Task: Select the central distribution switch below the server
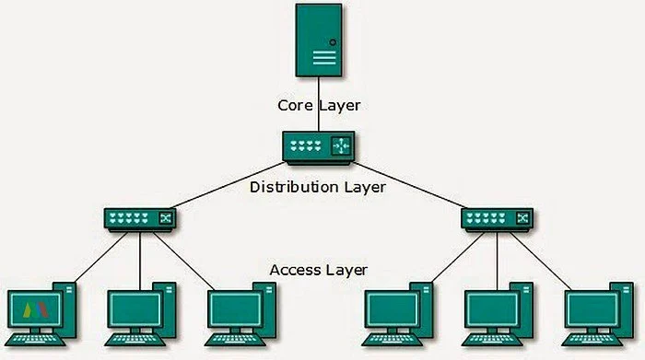(x=319, y=147)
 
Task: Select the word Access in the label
(x=294, y=270)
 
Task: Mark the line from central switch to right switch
(x=410, y=183)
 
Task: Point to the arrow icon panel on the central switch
(x=342, y=145)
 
